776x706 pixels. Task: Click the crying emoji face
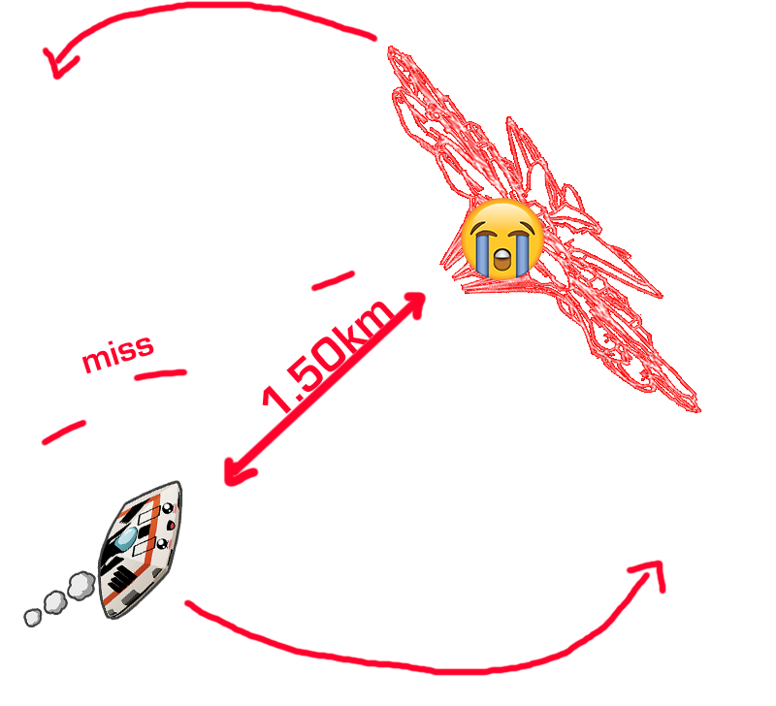[x=501, y=239]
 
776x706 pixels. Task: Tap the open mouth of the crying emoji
[x=501, y=260]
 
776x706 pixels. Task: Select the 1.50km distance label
[x=328, y=356]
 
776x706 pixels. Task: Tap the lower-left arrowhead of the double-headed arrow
[x=238, y=471]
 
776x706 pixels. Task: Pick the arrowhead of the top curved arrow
[x=58, y=63]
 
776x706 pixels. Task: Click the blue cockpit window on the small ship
[x=127, y=538]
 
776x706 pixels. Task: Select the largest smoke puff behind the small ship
[x=81, y=586]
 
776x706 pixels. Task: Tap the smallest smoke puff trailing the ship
[x=33, y=618]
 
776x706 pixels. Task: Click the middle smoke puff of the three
[x=55, y=602]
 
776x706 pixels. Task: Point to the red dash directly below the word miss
[x=161, y=374]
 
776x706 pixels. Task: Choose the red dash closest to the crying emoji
[x=333, y=280]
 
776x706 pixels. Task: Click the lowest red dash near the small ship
[x=64, y=433]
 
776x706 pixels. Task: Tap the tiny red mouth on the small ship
[x=172, y=526]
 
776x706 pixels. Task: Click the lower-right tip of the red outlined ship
[x=699, y=409]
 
